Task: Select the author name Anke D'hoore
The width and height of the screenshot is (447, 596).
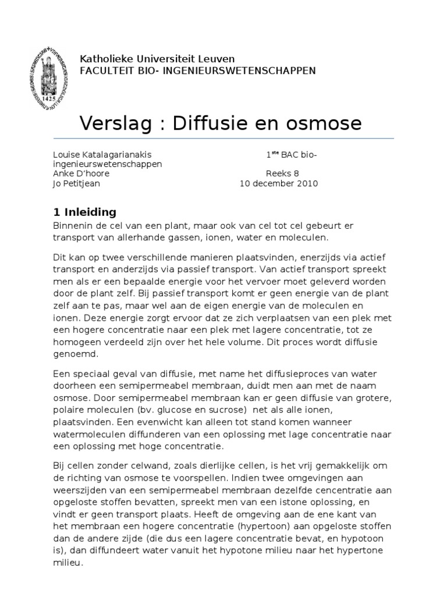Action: point(81,173)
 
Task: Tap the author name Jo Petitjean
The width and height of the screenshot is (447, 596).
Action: point(76,183)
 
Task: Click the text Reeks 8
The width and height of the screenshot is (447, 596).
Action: point(282,173)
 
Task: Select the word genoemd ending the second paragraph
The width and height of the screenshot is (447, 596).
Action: point(76,353)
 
